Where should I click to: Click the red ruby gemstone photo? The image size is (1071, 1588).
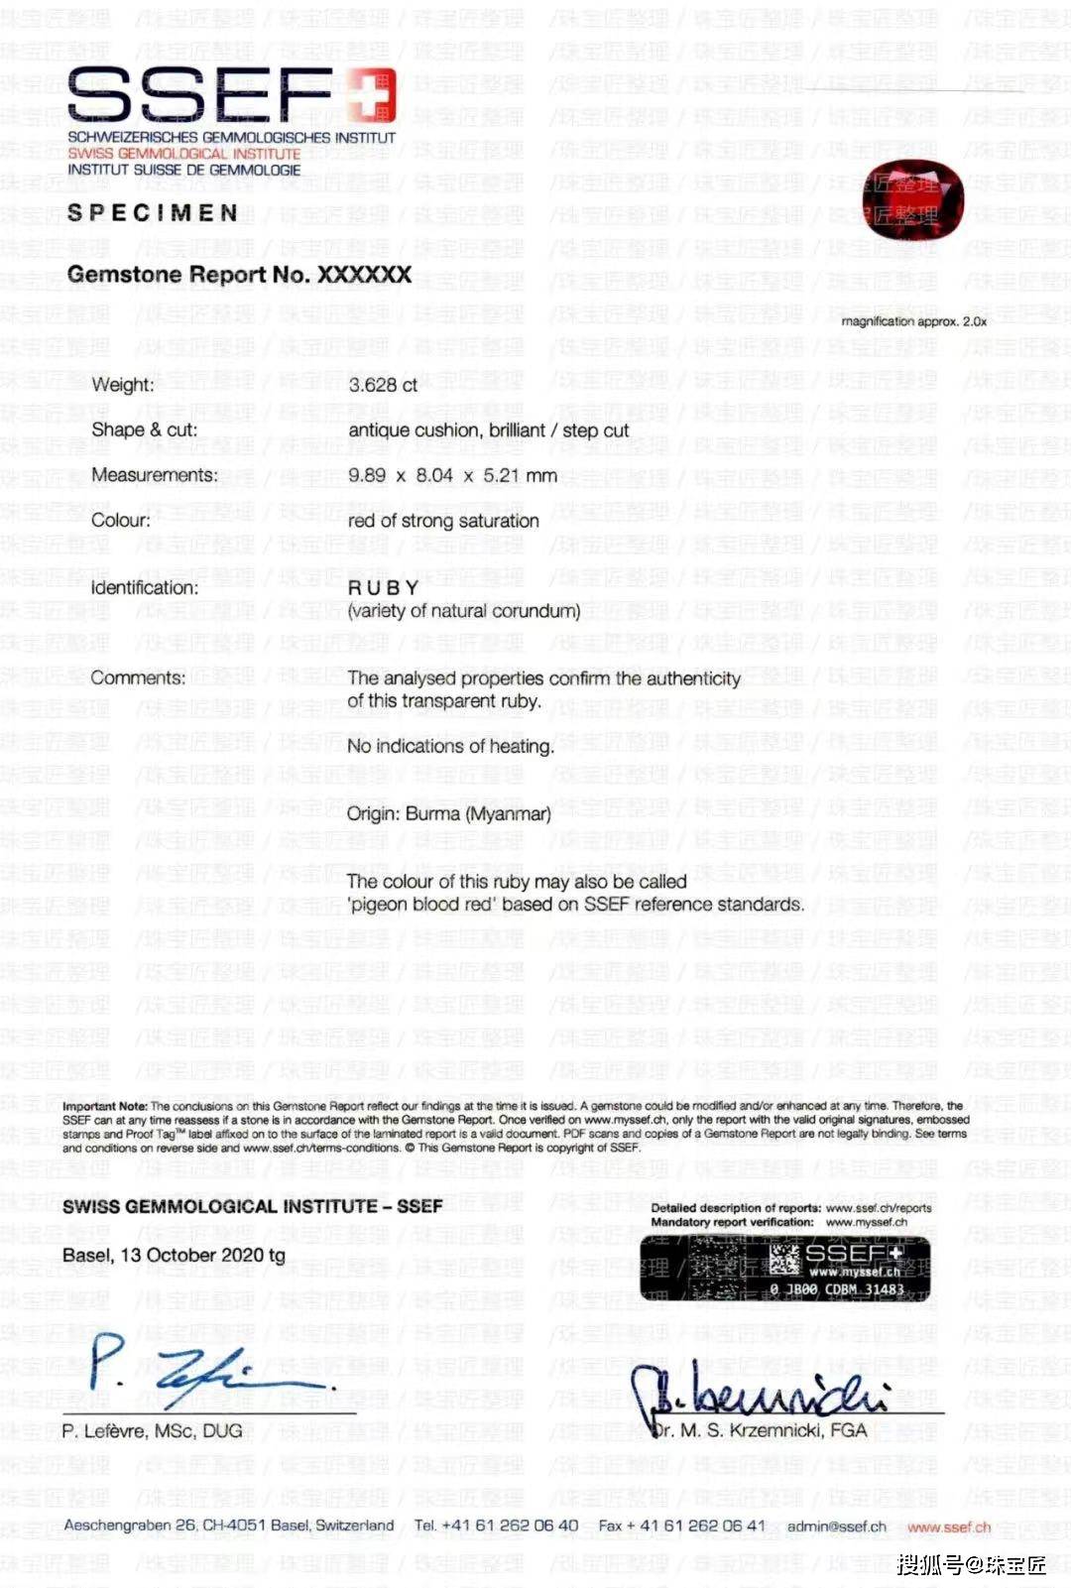click(900, 203)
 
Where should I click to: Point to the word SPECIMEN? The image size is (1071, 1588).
click(153, 213)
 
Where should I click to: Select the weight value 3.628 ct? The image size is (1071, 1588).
click(383, 385)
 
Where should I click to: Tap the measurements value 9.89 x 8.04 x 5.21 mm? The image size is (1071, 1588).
click(452, 476)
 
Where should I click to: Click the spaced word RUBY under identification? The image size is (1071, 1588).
click(384, 588)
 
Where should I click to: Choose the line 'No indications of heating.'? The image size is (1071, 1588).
click(450, 746)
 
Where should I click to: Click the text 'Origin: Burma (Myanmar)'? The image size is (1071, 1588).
click(448, 814)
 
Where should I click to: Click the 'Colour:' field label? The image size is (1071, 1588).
click(121, 521)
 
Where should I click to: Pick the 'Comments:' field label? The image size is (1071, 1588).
click(138, 678)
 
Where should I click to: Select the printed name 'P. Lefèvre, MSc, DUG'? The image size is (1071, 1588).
click(152, 1431)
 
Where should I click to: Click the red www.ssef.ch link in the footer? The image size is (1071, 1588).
click(948, 1527)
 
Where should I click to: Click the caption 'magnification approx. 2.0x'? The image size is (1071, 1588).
click(913, 321)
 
